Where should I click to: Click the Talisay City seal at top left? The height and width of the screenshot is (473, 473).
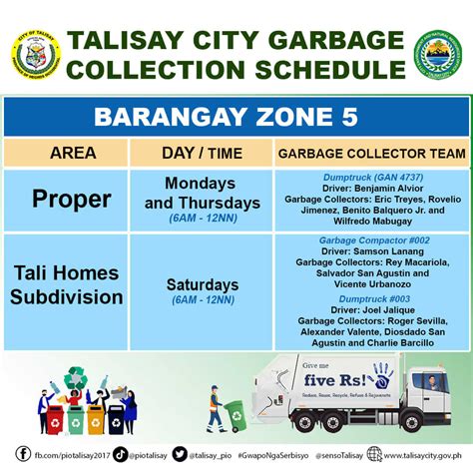38,56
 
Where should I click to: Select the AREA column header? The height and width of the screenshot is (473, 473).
73,154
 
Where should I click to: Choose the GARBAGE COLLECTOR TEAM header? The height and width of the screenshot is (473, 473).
372,154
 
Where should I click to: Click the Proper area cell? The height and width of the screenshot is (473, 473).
72,199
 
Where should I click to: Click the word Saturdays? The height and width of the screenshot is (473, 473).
203,284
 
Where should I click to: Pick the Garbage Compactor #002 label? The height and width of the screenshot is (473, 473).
373,240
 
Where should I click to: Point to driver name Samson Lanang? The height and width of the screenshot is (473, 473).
380,251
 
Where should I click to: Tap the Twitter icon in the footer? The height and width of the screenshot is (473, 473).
180,454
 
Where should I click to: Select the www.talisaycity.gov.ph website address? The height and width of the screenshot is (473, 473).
421,455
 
